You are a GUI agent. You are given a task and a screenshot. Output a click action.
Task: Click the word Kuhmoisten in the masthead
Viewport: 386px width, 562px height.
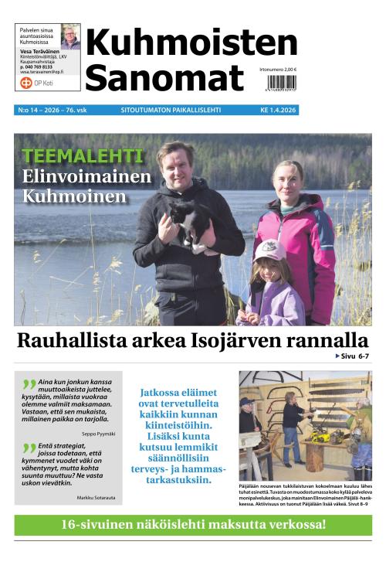click(191, 43)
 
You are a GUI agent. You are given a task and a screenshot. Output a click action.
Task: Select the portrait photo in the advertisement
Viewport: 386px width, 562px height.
click(70, 36)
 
